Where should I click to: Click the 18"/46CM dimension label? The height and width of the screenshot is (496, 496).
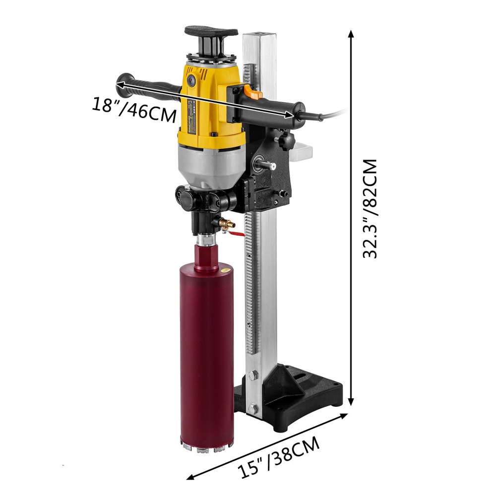(134, 110)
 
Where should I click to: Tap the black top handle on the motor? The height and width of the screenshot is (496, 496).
(211, 32)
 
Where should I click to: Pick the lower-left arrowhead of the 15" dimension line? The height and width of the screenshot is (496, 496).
(190, 478)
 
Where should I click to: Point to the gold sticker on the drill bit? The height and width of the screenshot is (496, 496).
(224, 271)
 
